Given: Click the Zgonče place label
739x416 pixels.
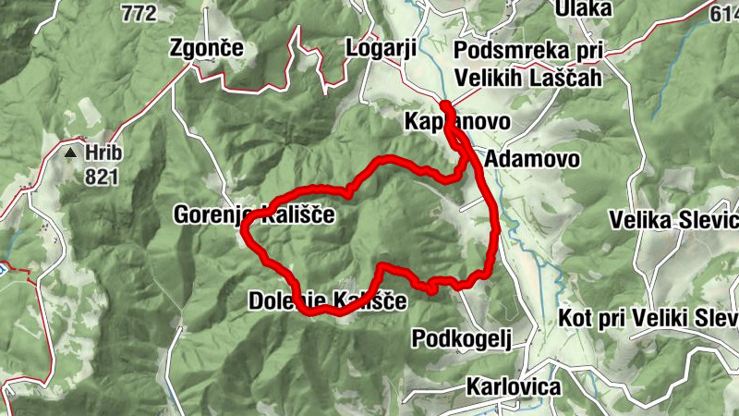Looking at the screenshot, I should click(x=205, y=48).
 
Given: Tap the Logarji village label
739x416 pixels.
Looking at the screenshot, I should click(x=381, y=47).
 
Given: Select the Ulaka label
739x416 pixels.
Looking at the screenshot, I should click(x=583, y=8).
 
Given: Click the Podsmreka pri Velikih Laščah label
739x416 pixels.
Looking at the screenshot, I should click(x=528, y=63).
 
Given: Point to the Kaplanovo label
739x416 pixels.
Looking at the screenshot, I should click(x=443, y=122).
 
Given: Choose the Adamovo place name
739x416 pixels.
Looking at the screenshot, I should click(x=532, y=158).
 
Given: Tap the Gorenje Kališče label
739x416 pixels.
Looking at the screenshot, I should click(x=253, y=214).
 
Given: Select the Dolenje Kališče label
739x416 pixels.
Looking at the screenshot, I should click(x=327, y=300).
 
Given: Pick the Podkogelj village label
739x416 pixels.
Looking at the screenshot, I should click(x=461, y=336).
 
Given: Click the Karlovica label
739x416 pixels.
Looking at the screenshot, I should click(x=514, y=385).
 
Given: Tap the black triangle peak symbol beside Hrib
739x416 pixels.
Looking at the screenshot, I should click(x=70, y=150).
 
